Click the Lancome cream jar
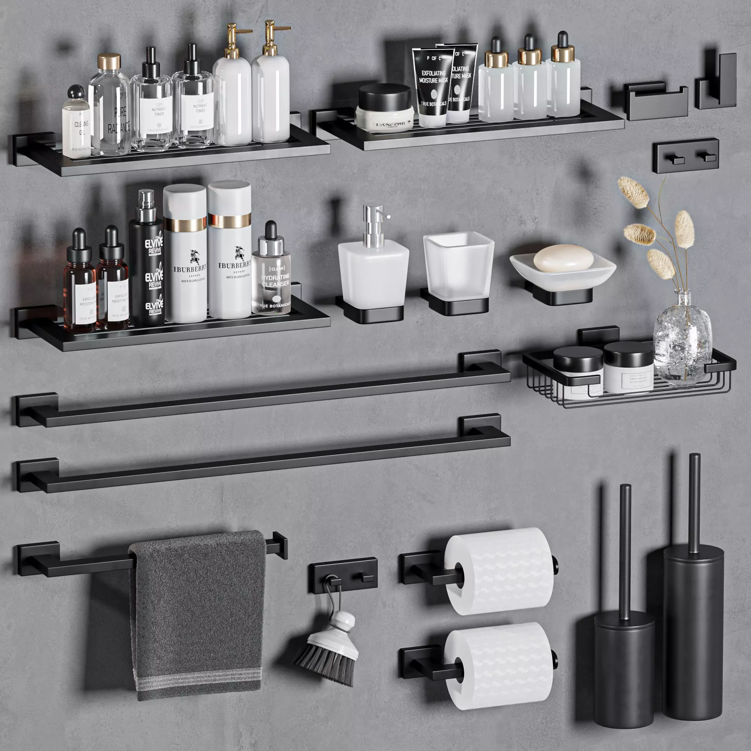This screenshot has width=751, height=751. tap(385, 109)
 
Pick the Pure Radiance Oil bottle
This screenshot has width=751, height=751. tap(110, 113)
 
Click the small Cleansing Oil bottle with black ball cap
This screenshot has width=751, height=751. tap(76, 125)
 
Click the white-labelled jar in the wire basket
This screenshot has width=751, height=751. tap(628, 368)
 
